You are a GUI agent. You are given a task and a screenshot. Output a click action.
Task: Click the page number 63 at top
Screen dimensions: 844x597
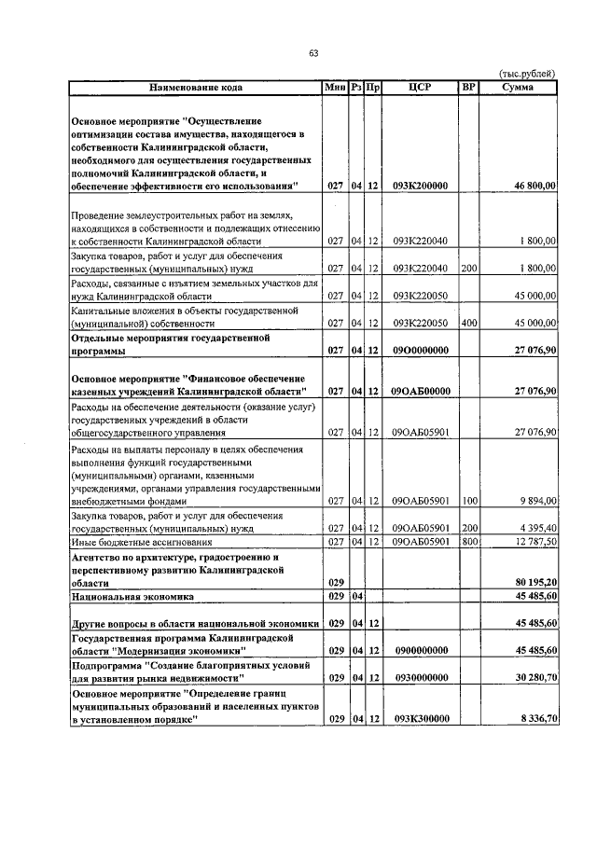coord(313,53)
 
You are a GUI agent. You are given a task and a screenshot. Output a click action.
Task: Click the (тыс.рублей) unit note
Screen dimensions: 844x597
coord(528,74)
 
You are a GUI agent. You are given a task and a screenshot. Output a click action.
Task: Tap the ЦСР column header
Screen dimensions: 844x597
coord(420,88)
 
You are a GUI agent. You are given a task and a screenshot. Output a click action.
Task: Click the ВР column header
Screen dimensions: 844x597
coord(468,88)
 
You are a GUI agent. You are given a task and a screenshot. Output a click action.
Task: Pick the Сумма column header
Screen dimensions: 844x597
coord(518,88)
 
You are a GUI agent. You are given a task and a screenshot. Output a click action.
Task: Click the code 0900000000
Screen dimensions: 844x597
coord(420,650)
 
